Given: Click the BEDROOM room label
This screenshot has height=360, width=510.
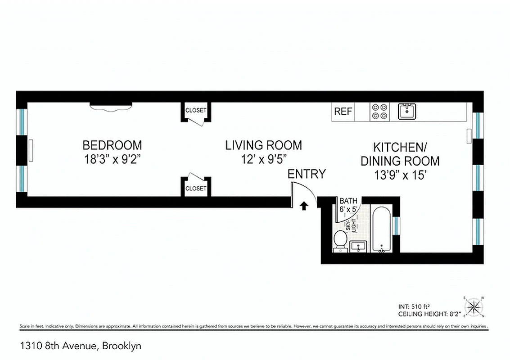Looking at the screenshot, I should point(112,145).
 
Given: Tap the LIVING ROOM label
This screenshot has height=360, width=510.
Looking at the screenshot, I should point(263,145).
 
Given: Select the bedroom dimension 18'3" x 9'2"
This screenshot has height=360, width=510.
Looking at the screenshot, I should point(112,159).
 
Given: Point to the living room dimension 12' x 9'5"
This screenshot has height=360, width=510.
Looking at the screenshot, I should point(263,159).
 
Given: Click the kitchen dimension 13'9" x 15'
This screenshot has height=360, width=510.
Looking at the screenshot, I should point(400,175).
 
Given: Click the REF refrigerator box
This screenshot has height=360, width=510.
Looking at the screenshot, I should point(343,112).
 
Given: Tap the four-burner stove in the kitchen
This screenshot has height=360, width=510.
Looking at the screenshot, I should point(379,112).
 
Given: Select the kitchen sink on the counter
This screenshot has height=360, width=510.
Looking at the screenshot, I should point(407,111).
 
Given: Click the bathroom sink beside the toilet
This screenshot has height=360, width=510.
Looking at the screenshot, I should point(358,247).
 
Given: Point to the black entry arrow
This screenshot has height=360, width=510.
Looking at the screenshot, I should point(304,206).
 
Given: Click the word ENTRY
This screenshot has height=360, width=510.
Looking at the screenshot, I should point(307,174).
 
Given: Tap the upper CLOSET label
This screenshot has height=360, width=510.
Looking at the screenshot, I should point(196,110).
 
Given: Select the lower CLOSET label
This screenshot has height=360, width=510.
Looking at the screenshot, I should point(196,189).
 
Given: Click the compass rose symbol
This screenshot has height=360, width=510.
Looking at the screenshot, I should point(473,307).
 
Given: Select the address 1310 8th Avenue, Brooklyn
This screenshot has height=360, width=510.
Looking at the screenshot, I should point(81,346).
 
